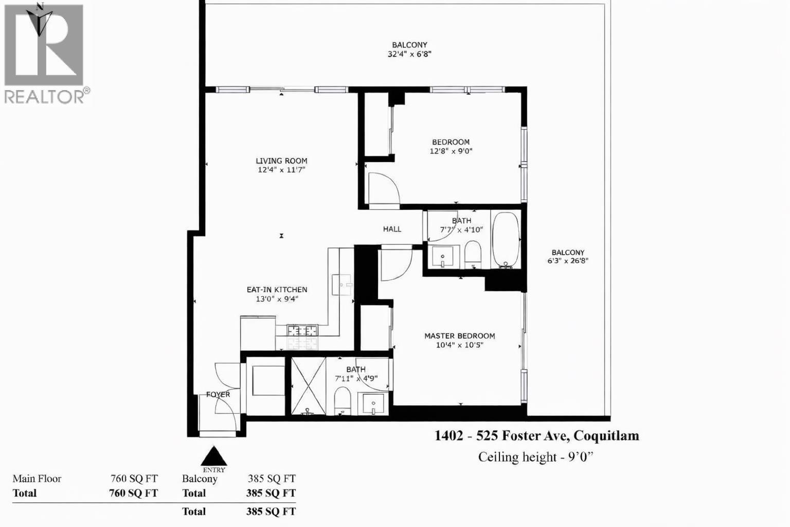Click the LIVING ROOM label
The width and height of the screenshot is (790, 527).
point(281,161)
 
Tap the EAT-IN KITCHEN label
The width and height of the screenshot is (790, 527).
point(277,290)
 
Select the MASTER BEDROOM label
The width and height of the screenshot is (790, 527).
point(459,336)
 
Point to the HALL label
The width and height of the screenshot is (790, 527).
point(392,229)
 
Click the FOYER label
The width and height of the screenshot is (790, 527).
point(218,395)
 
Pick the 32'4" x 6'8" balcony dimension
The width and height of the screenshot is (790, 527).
point(409,54)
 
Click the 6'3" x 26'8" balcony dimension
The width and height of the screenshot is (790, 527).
point(568,261)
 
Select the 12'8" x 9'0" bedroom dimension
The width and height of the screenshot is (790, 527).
point(451,151)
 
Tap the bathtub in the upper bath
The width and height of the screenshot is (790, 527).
point(506,239)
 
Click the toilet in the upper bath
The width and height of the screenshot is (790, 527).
point(472,255)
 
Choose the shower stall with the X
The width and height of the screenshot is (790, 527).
point(309,385)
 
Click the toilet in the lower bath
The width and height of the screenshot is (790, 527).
point(342,401)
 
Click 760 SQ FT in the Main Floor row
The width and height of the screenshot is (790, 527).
point(134,479)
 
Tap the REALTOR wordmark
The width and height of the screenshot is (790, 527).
point(44,96)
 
